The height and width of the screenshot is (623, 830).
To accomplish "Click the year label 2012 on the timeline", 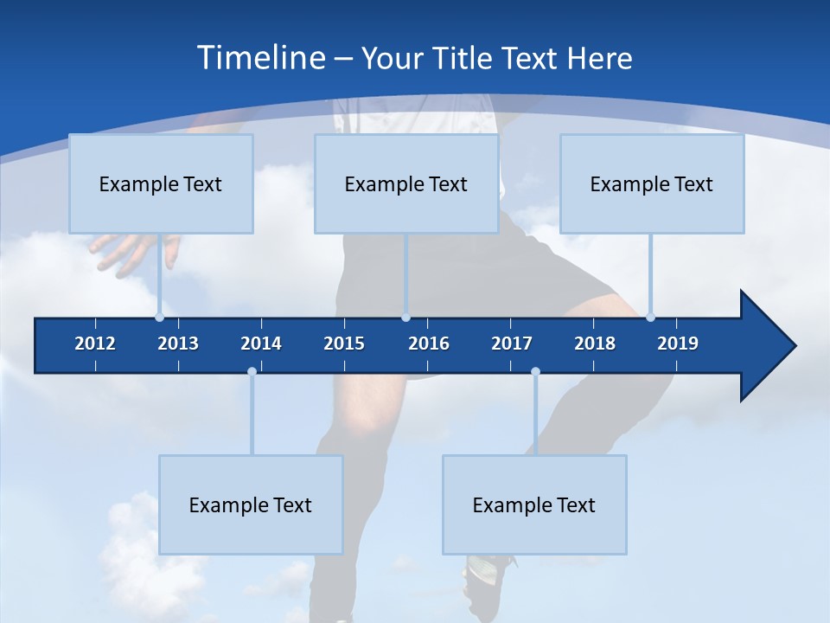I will [x=95, y=344].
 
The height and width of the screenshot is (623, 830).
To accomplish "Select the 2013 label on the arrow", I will [x=178, y=344].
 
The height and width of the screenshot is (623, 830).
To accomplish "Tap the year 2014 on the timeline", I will [x=261, y=344].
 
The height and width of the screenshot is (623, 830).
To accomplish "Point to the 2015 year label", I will [x=344, y=344].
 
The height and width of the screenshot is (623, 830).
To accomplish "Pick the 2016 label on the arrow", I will [x=429, y=344].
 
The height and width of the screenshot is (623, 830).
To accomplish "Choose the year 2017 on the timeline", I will [x=512, y=344].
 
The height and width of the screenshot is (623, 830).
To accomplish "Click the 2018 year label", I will [x=595, y=344].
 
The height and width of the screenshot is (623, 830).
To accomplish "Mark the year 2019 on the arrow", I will [x=678, y=344].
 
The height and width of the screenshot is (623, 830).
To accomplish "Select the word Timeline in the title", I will [x=260, y=58].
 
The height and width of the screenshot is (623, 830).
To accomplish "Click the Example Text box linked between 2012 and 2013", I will [x=161, y=183].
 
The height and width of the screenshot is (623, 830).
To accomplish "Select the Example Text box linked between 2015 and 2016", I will [x=406, y=183].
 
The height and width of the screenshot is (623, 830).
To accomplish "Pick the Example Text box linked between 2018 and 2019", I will [x=652, y=183].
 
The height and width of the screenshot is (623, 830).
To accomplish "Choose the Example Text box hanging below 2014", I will [x=251, y=504].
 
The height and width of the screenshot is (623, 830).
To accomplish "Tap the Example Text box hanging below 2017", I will [x=534, y=504].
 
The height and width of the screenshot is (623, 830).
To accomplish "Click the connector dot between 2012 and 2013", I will [x=159, y=317].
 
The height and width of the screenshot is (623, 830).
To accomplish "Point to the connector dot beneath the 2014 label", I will [x=252, y=371].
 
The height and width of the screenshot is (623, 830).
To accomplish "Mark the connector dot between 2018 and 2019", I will [x=650, y=317].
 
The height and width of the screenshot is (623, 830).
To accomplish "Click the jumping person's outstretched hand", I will [x=130, y=251].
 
